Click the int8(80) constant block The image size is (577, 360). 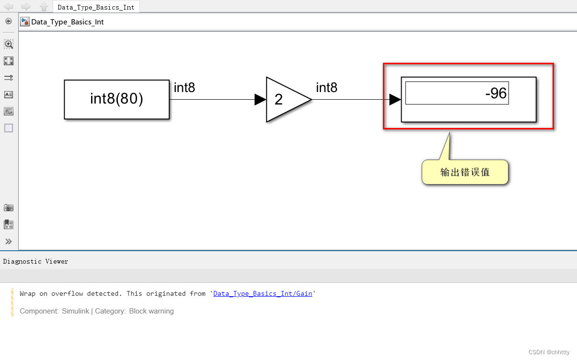[116, 99]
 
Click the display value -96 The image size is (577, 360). [496, 93]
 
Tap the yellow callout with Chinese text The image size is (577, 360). [464, 172]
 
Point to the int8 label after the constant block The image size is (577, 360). [184, 88]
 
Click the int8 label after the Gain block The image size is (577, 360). [326, 88]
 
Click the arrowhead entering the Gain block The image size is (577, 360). [260, 99]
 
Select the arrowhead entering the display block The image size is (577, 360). [395, 99]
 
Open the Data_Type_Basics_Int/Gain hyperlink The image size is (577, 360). [263, 293]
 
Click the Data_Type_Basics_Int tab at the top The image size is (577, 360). [96, 7]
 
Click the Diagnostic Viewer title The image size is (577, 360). [35, 261]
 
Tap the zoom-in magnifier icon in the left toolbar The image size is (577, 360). [9, 44]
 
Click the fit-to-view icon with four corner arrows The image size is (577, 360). [9, 61]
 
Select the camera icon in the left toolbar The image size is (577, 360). [9, 208]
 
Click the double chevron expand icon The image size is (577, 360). [9, 241]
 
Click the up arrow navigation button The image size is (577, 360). [44, 7]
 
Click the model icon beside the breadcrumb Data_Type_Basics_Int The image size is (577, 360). [25, 22]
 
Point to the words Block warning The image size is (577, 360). [151, 311]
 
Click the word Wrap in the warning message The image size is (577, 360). [27, 293]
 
